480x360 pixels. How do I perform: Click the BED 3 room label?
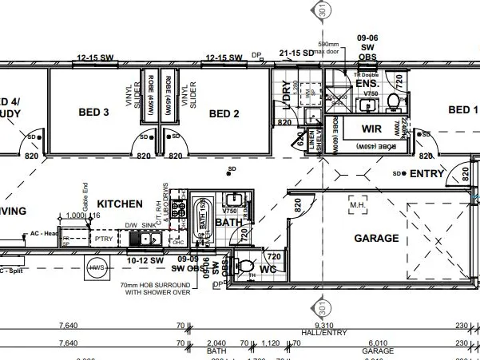coord(95,113)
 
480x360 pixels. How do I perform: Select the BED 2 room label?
coord(224,113)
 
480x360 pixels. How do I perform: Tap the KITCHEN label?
coord(120,204)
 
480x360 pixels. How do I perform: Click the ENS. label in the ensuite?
coord(367,83)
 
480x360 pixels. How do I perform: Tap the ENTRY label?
coord(426,173)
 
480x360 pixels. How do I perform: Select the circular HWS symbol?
coord(97,267)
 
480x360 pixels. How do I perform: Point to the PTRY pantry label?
coord(103,238)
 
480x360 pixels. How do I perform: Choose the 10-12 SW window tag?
coord(145,260)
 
